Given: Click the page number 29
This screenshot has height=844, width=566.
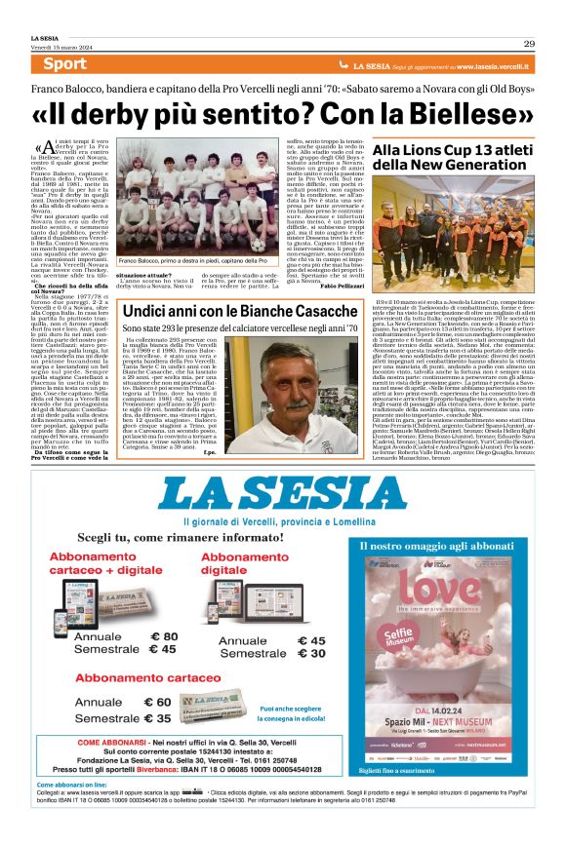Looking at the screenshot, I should (528, 43).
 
